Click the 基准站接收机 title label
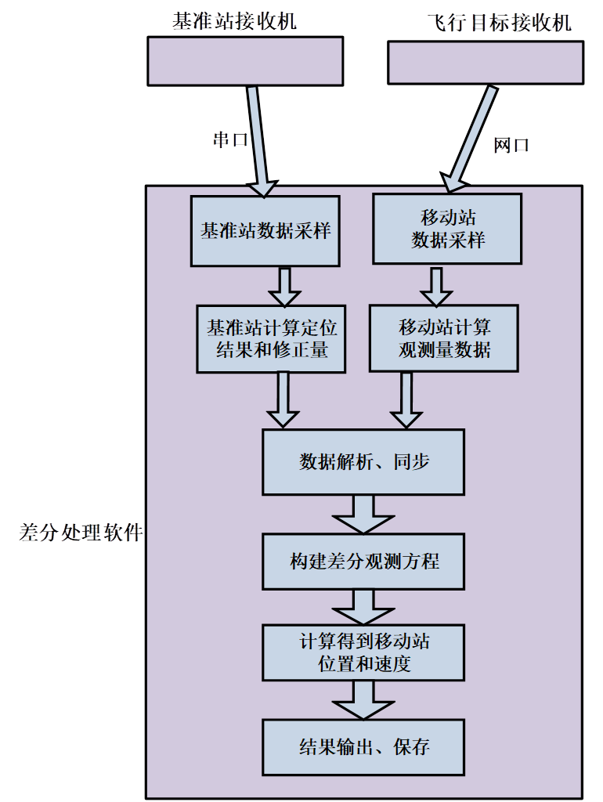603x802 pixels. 235,20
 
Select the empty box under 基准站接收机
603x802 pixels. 245,61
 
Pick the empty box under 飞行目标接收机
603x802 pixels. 485,62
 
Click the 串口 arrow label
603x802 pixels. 230,139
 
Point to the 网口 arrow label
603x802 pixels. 512,145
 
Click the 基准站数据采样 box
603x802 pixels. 265,231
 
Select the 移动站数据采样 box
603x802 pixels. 447,229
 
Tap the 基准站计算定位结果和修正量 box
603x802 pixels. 271,338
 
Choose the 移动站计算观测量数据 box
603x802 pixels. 444,338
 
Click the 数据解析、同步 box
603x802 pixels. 363,462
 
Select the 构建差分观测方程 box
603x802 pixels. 363,562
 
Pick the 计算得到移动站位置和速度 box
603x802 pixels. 363,652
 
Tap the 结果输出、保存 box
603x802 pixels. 363,746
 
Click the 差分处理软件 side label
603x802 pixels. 81,533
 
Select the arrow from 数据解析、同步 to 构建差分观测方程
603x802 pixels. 363,515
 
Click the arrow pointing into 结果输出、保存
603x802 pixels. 363,699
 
